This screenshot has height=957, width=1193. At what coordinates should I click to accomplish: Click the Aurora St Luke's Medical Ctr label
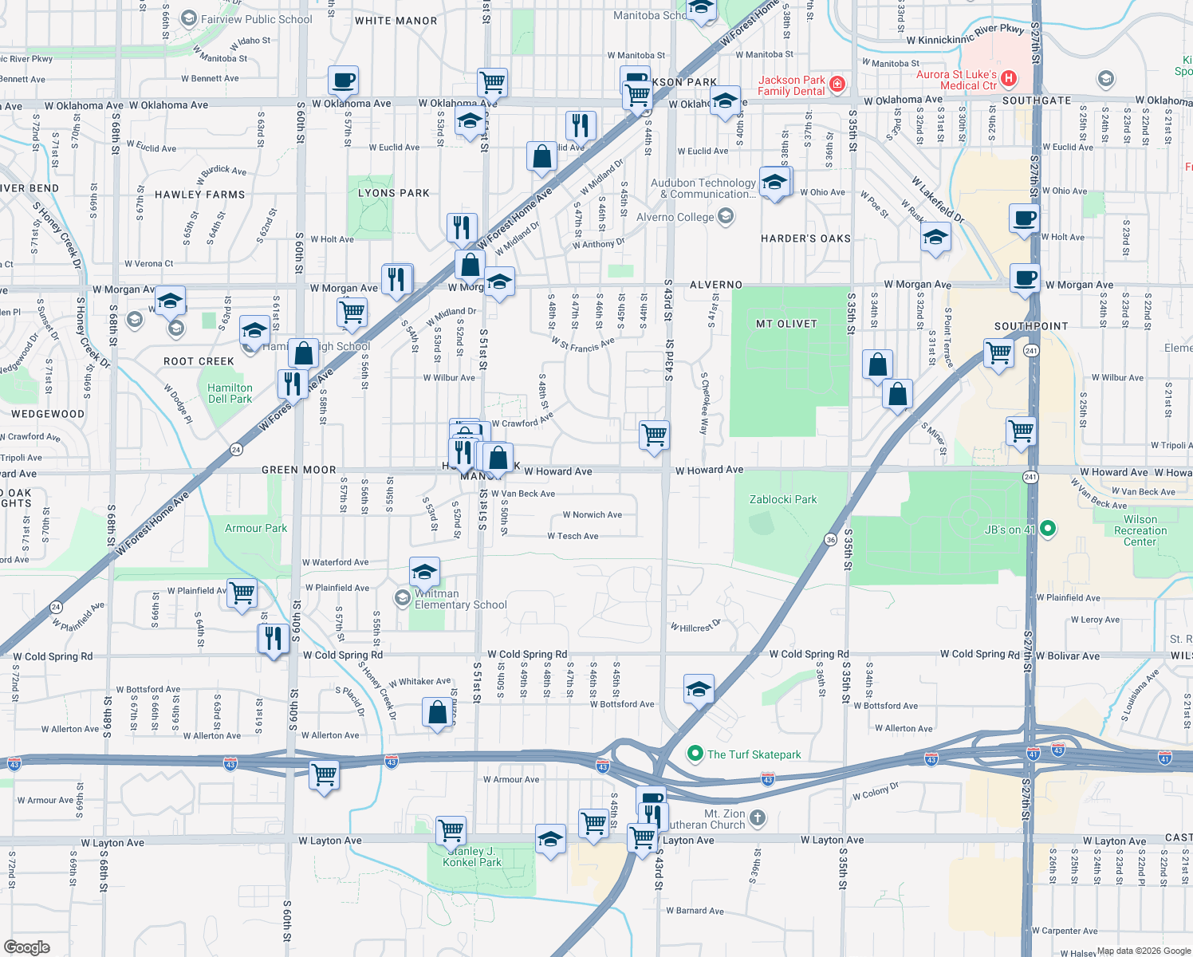click(x=956, y=80)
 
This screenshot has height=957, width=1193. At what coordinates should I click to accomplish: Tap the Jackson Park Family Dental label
click(x=791, y=85)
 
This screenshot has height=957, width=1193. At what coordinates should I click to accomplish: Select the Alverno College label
click(x=675, y=217)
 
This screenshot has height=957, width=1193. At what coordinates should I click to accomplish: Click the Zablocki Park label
click(x=783, y=499)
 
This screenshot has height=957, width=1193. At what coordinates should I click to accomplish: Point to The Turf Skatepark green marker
click(x=695, y=754)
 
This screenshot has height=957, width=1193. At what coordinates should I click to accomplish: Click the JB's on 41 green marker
click(x=1048, y=529)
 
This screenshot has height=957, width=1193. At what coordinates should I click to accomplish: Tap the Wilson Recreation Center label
click(x=1140, y=530)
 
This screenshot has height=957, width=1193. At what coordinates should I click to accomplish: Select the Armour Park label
click(x=255, y=528)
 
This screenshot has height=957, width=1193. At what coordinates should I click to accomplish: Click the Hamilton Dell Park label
click(x=230, y=393)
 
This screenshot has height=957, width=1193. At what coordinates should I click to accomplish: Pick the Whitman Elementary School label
click(x=459, y=599)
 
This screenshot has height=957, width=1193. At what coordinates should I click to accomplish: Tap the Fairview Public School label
click(x=256, y=19)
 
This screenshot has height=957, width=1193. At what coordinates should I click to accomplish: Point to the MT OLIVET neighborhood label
click(x=786, y=324)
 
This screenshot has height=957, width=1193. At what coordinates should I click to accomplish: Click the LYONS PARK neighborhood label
click(x=393, y=193)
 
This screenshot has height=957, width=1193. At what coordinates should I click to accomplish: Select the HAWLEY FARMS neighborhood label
click(x=199, y=195)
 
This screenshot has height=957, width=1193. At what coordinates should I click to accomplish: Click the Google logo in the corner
click(x=27, y=947)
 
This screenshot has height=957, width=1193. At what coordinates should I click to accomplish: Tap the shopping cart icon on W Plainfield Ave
click(x=242, y=593)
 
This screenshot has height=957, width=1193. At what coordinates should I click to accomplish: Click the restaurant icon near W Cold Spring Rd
click(x=273, y=639)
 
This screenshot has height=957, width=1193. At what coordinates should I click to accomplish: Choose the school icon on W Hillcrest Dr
click(x=698, y=689)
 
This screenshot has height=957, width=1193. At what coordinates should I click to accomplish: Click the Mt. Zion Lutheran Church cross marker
click(x=758, y=817)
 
